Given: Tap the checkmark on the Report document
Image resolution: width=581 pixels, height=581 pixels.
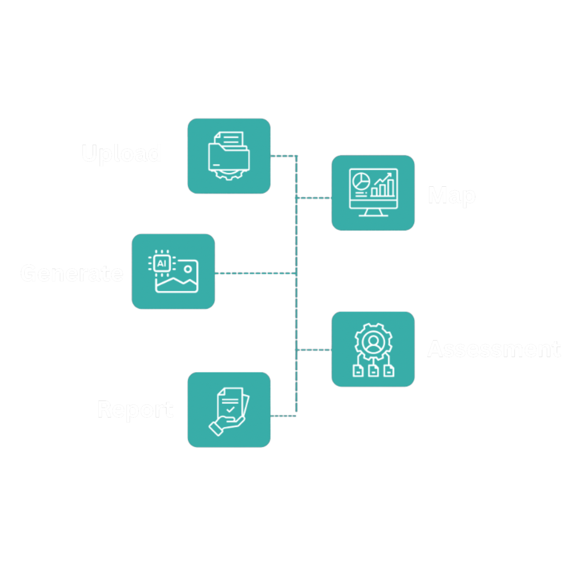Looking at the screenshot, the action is click(230, 409).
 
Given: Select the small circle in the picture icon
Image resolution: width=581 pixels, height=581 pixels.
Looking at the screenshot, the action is click(188, 269).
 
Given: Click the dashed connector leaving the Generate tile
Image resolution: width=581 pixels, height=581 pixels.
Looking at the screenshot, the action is click(256, 273).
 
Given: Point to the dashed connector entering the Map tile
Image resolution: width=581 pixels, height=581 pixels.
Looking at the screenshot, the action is click(314, 198).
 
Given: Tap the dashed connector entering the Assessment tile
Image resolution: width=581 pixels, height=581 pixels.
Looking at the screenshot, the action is click(314, 350).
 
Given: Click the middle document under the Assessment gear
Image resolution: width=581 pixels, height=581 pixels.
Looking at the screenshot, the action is click(373, 371).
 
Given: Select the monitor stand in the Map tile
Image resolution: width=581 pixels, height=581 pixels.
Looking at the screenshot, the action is click(373, 213).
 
